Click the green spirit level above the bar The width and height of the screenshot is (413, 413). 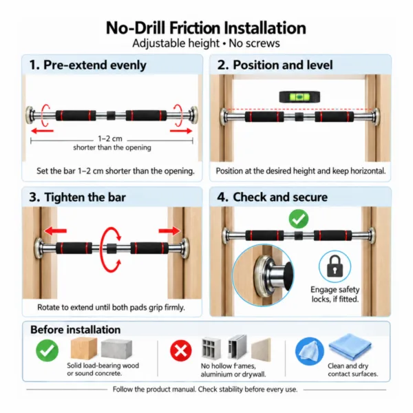(299, 97)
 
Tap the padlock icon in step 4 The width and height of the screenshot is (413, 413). (335, 266)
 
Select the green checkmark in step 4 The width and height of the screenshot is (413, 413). (299, 219)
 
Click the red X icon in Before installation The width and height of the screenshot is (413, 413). (181, 350)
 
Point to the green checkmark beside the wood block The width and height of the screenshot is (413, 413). (47, 350)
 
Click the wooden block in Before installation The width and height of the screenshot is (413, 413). (84, 348)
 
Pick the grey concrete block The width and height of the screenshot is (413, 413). (116, 349)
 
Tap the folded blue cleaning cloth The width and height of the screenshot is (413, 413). (350, 346)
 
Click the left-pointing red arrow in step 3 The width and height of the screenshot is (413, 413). (55, 231)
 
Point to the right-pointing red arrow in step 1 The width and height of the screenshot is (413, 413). (181, 130)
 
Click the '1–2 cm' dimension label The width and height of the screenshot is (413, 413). (110, 138)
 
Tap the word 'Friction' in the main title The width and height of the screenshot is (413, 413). (195, 28)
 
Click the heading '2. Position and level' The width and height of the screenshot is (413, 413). (275, 65)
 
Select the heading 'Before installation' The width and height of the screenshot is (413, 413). (75, 330)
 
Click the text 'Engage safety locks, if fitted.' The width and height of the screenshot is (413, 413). (335, 294)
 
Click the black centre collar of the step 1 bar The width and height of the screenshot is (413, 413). (111, 116)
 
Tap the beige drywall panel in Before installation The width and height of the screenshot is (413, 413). (261, 350)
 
